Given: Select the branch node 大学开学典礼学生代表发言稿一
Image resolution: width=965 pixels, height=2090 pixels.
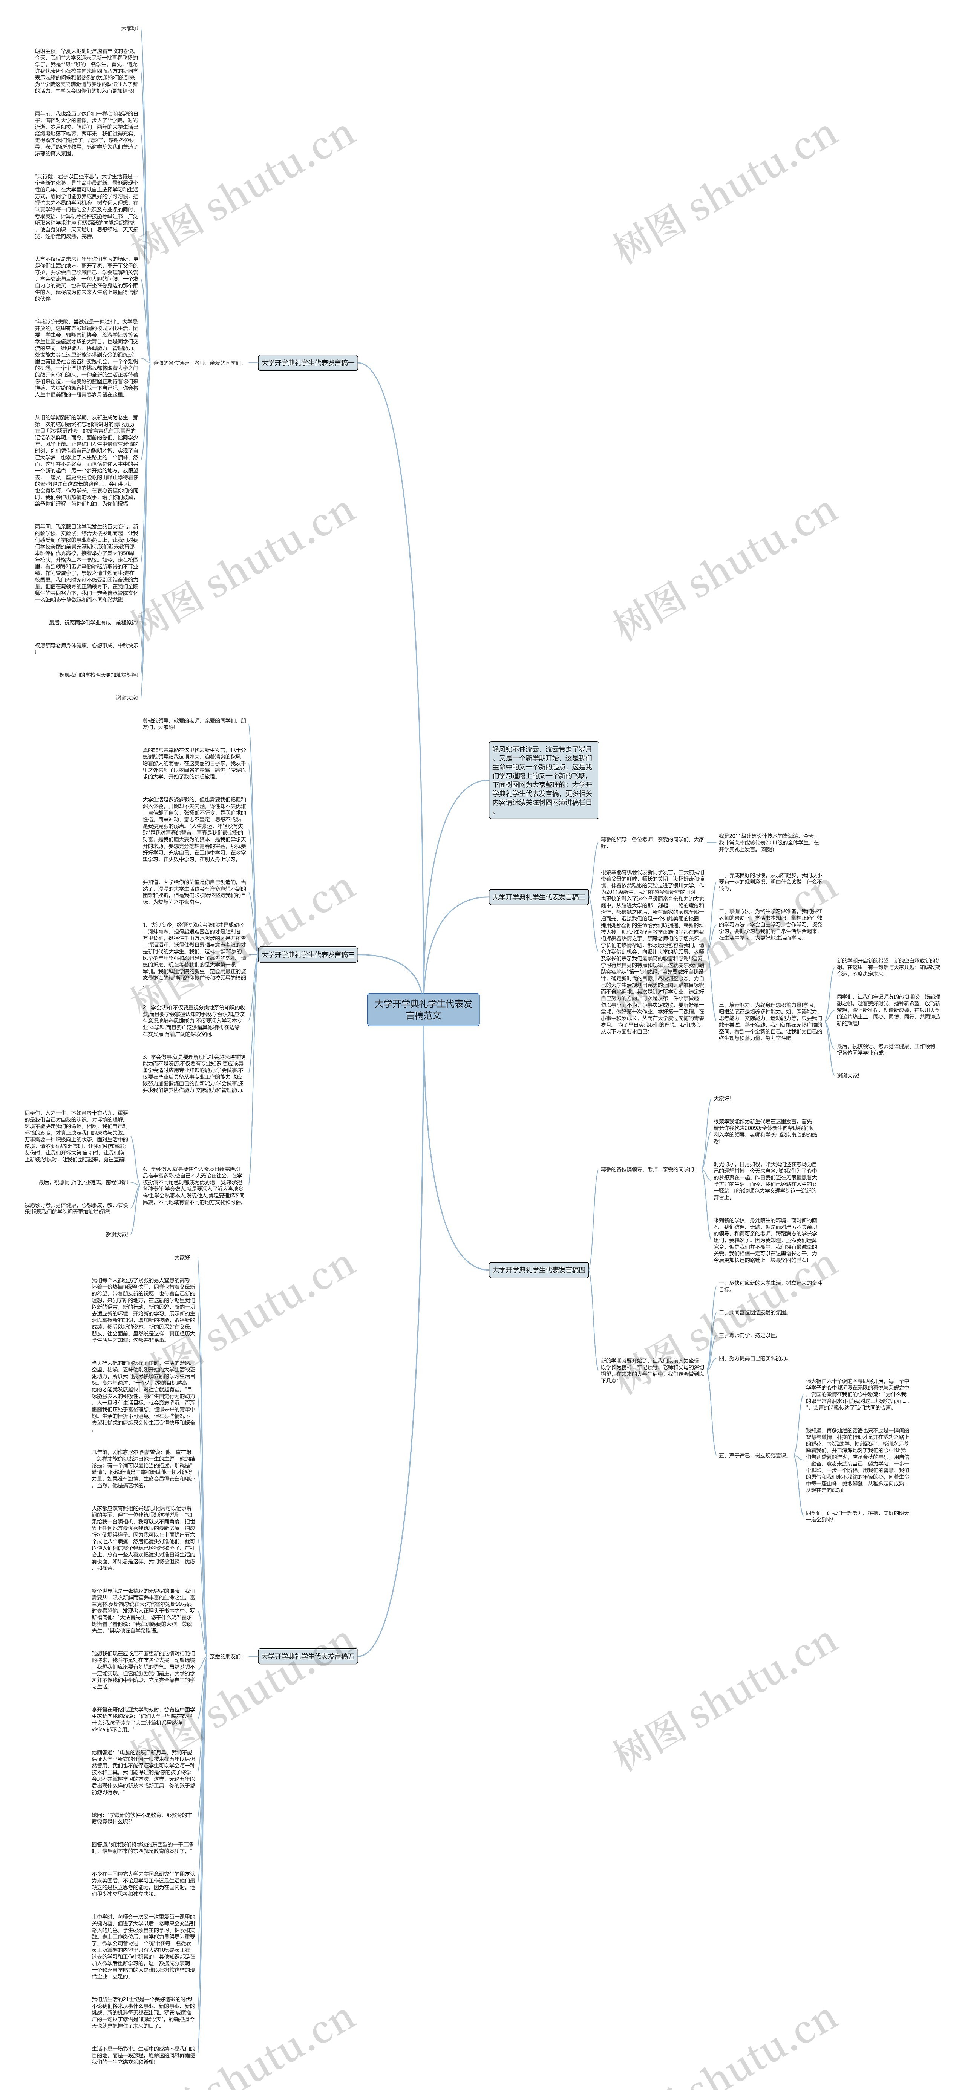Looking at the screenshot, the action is pos(308,363).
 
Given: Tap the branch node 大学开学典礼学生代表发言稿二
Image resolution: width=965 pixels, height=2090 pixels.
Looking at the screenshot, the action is pos(538,896).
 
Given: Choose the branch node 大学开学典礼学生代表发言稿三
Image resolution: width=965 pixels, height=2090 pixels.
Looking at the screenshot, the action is pos(308,954).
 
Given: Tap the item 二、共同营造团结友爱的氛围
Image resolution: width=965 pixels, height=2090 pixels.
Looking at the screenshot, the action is pos(753,1312).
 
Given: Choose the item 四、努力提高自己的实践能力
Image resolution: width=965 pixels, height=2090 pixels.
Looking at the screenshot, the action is pos(753,1358).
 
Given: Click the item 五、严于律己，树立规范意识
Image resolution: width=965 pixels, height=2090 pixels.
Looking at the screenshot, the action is pos(753,1455).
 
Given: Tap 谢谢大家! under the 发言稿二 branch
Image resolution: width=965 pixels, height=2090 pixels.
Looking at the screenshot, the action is pos(847,1075).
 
